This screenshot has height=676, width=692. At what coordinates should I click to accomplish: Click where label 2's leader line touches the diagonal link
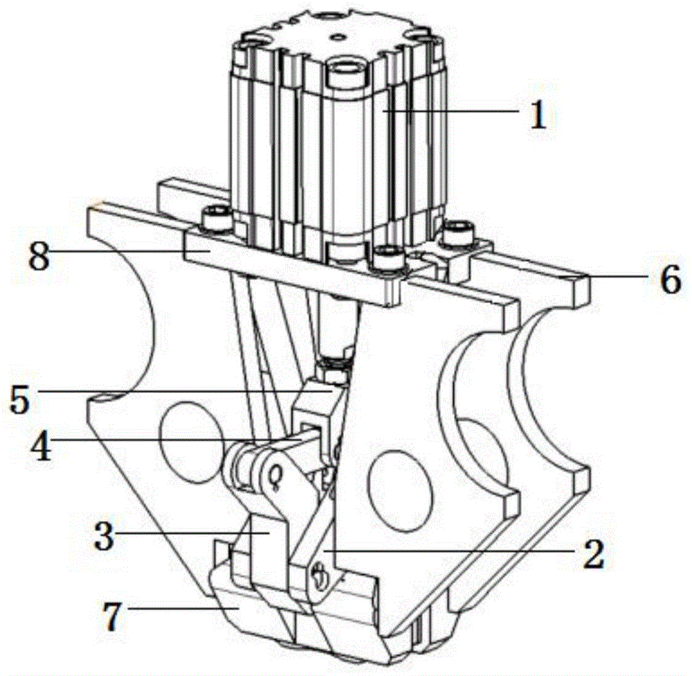click(323, 550)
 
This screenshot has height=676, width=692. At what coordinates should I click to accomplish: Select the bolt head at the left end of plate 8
click(216, 217)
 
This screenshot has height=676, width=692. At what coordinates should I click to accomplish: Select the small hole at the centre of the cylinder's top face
click(338, 36)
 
